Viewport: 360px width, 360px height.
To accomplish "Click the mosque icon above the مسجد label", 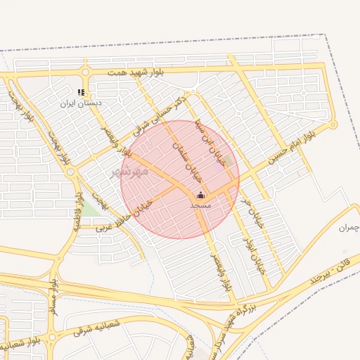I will click(200, 195).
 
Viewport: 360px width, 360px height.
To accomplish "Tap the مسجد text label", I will click(200, 205).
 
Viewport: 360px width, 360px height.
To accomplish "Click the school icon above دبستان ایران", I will click(82, 92).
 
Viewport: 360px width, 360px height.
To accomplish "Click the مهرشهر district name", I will click(129, 171).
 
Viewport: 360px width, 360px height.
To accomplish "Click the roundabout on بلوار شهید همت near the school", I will click(86, 72).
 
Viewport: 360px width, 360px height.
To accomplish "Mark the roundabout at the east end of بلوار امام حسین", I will click(334, 125).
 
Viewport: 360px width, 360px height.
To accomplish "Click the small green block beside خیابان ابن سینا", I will click(227, 160).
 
